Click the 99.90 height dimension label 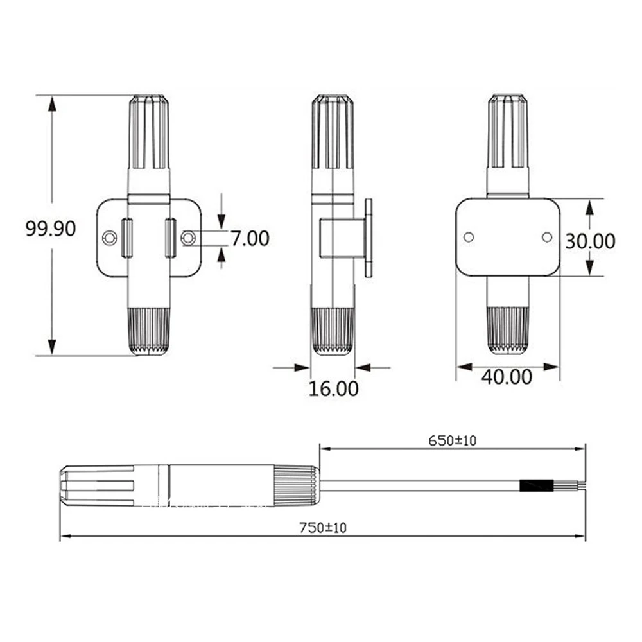[51, 229]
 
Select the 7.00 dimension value [250, 238]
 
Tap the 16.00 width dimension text [333, 388]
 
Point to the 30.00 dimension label [589, 241]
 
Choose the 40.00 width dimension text [507, 377]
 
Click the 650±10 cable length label [453, 440]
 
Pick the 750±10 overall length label [322, 528]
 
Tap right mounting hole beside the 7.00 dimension [187, 238]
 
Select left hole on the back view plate [469, 238]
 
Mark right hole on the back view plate [546, 238]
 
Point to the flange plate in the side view [369, 238]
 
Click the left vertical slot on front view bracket [126, 238]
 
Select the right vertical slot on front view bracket [171, 238]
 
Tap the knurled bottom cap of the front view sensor [149, 331]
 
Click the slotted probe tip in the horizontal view [96, 485]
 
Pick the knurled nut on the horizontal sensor [297, 485]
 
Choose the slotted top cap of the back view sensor [508, 132]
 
